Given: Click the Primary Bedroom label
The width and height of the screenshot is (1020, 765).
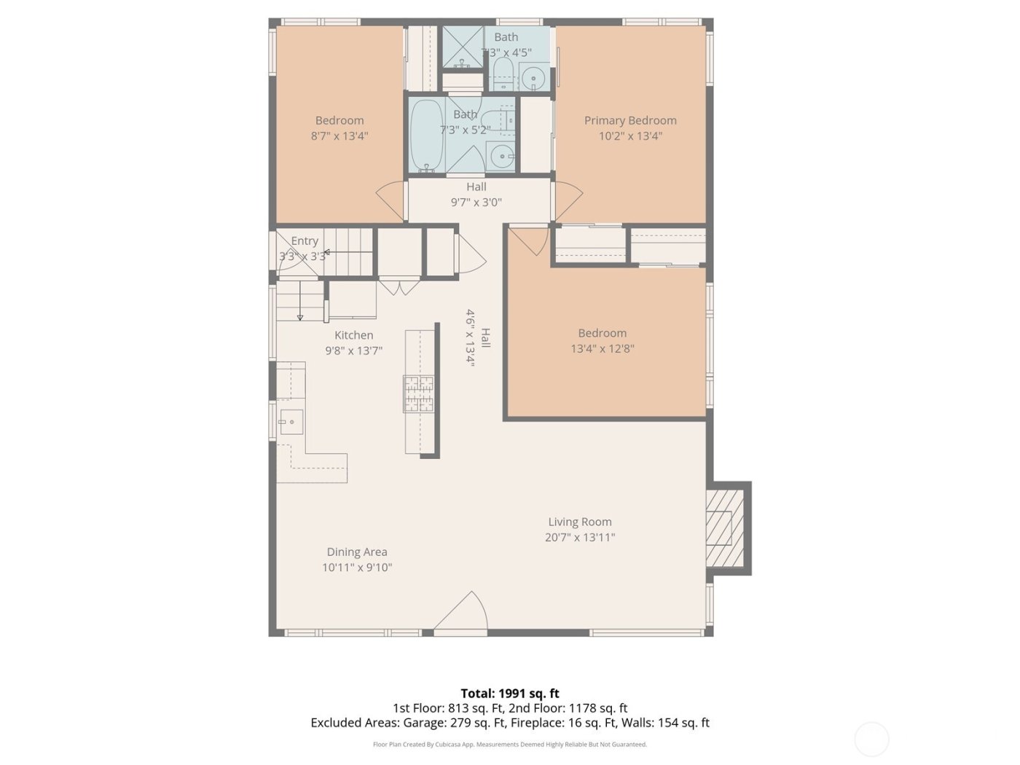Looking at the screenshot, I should (x=630, y=120).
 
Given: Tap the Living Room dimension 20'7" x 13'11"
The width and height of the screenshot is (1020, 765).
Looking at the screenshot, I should (x=580, y=538).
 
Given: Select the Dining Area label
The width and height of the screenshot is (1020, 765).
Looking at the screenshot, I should (x=357, y=552).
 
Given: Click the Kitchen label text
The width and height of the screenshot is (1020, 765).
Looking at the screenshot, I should (x=354, y=335).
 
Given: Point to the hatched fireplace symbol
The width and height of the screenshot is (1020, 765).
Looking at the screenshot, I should (x=724, y=527).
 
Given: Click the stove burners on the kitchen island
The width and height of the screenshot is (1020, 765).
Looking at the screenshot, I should (x=419, y=394).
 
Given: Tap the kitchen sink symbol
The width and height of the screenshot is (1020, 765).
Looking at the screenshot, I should (x=291, y=421).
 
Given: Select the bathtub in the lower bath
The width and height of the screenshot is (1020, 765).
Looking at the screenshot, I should (x=426, y=136).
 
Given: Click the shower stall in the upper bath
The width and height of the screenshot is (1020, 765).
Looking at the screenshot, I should (x=462, y=47).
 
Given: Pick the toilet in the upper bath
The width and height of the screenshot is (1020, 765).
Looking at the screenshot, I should (x=503, y=73).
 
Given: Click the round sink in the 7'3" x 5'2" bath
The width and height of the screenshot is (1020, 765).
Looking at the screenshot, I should (x=500, y=155).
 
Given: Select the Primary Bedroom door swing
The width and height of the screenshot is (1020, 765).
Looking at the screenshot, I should (x=567, y=200).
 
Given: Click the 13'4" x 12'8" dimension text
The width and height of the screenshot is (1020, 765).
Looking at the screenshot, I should (x=603, y=348).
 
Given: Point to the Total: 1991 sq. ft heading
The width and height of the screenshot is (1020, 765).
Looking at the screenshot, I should (x=510, y=693).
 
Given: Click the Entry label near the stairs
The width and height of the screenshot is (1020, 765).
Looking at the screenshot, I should (x=305, y=240).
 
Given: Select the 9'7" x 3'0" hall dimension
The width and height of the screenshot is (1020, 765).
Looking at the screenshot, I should (x=476, y=203).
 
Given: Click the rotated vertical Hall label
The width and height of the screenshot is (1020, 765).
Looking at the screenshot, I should (x=485, y=338).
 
